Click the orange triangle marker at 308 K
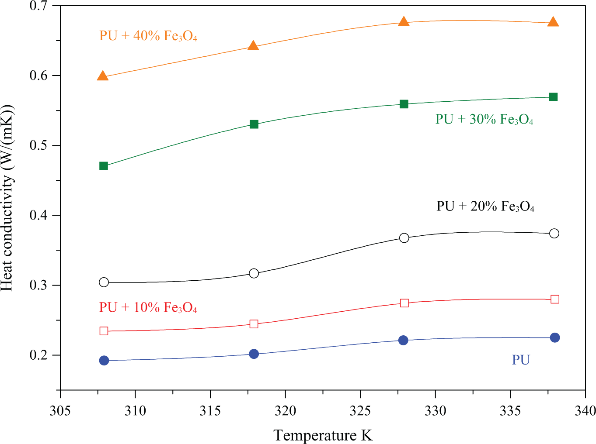click(103, 76)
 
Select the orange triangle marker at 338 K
click(553, 22)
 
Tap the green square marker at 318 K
click(254, 124)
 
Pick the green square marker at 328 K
click(404, 104)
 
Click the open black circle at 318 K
click(254, 273)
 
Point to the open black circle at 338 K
click(554, 234)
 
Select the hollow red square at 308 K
click(104, 331)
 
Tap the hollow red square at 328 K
click(404, 303)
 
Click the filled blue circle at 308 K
click(104, 361)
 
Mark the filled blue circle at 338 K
click(555, 337)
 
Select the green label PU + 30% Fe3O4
click(484, 120)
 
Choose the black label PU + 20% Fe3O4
click(485, 207)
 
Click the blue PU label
click(521, 360)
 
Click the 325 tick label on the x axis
click(360, 411)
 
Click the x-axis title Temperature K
click(323, 435)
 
